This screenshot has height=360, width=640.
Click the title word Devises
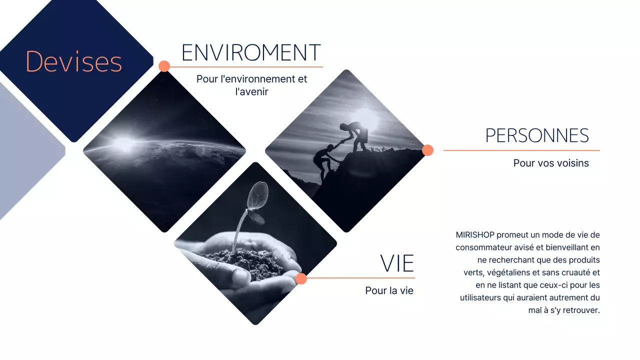73,61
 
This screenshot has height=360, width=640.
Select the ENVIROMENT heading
251,52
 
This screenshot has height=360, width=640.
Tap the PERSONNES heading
537,135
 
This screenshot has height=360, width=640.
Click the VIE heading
397,263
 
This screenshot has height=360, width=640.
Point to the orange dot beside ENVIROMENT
164,66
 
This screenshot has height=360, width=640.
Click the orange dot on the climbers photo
427,150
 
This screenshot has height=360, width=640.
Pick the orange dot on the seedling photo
301,278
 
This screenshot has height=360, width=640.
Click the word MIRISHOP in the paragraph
475,235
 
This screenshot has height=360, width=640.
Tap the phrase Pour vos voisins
551,163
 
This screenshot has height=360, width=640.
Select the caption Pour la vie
389,290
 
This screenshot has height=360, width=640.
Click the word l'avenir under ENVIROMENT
251,91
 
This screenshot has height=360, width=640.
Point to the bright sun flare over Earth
123,142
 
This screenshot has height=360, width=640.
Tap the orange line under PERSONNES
521,150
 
